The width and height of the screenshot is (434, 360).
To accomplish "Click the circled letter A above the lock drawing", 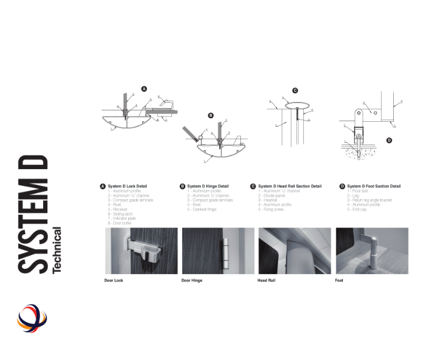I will tap(144, 89).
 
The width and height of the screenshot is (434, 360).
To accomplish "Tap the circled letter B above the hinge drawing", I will tap(210, 115).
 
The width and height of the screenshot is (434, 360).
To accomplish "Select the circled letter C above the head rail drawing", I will tap(295, 90).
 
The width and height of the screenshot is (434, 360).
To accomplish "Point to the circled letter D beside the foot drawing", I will tap(389, 140).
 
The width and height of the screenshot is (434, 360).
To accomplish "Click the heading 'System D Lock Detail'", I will tap(127, 186).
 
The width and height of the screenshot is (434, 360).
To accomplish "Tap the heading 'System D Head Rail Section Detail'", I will tap(290, 186).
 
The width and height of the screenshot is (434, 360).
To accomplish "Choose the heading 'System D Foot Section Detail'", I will tap(373, 186).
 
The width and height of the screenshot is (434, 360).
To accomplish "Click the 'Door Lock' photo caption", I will tap(113, 280).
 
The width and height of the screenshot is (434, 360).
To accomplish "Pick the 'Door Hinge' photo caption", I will tap(192, 280).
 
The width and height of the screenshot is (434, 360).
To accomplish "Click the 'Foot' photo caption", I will tap(339, 280).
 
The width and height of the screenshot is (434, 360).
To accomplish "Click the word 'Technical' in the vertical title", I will tap(58, 250).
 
